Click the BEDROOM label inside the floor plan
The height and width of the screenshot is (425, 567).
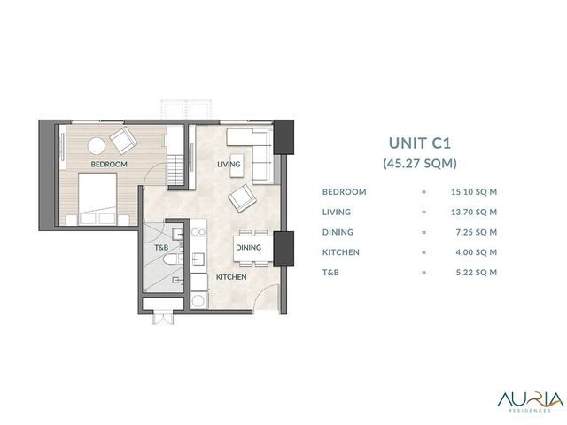(x=109, y=164)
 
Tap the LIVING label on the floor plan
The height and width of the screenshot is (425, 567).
(x=229, y=164)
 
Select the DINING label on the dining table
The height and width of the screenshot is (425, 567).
(x=248, y=248)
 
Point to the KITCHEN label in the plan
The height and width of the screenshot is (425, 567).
(x=231, y=277)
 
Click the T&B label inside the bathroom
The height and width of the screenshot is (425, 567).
(x=161, y=248)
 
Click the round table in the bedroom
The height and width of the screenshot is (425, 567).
(x=97, y=146)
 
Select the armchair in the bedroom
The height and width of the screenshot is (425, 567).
(x=124, y=141)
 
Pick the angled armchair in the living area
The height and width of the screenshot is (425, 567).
(x=242, y=198)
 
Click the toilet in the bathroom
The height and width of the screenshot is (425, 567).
(x=173, y=259)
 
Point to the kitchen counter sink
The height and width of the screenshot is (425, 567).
(x=198, y=259)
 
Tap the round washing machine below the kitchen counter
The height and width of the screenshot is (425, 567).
(x=198, y=300)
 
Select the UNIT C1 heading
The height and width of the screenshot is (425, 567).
(x=420, y=143)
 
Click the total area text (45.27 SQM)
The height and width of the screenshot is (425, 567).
(x=420, y=163)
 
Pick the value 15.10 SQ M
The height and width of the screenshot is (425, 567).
(x=474, y=192)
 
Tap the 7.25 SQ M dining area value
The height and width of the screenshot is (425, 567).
(x=477, y=232)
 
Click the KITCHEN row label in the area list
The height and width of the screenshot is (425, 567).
(x=341, y=252)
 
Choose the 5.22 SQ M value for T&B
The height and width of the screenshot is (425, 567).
(x=477, y=273)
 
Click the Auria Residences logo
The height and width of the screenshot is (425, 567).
(x=530, y=400)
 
